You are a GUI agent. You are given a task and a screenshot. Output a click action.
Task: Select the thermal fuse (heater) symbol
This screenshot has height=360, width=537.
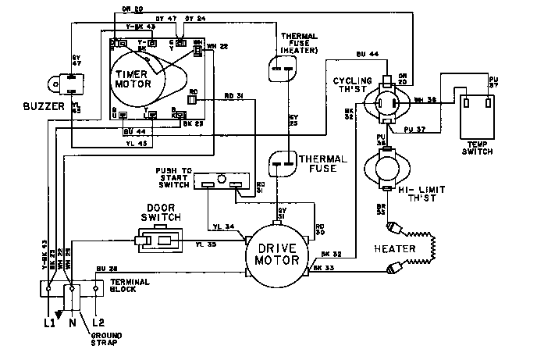pyautogui.click(x=283, y=73)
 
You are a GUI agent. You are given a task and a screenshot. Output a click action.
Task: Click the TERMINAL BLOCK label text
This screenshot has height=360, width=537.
pyautogui.click(x=126, y=283)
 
